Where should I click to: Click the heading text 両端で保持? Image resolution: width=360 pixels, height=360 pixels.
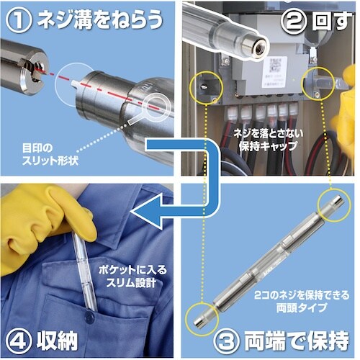click(294, 338)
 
